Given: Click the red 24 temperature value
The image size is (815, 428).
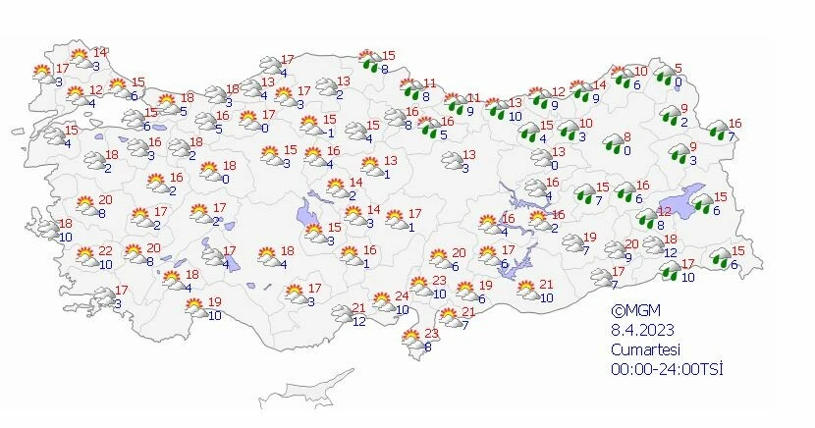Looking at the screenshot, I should [401, 296].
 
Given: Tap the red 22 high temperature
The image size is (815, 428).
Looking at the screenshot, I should [105, 252].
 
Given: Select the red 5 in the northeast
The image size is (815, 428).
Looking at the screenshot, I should [678, 69].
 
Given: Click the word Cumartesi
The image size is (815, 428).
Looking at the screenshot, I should [643, 348].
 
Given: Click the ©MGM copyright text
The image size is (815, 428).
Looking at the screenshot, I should [629, 311].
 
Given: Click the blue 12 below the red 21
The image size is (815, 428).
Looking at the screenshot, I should [359, 321].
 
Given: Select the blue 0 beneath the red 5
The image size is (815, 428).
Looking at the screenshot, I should [678, 82].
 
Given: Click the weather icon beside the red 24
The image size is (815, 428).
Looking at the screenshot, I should [381, 301].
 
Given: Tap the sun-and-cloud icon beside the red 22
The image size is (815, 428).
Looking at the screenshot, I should [85, 257].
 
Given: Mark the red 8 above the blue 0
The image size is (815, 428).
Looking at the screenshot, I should [627, 137].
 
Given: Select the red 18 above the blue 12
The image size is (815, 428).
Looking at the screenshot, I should [671, 240].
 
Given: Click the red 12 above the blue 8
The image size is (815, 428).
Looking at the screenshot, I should [664, 212].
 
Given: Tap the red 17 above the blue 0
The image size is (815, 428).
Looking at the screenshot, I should [265, 115].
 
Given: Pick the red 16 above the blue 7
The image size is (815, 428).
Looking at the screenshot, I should [734, 124].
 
